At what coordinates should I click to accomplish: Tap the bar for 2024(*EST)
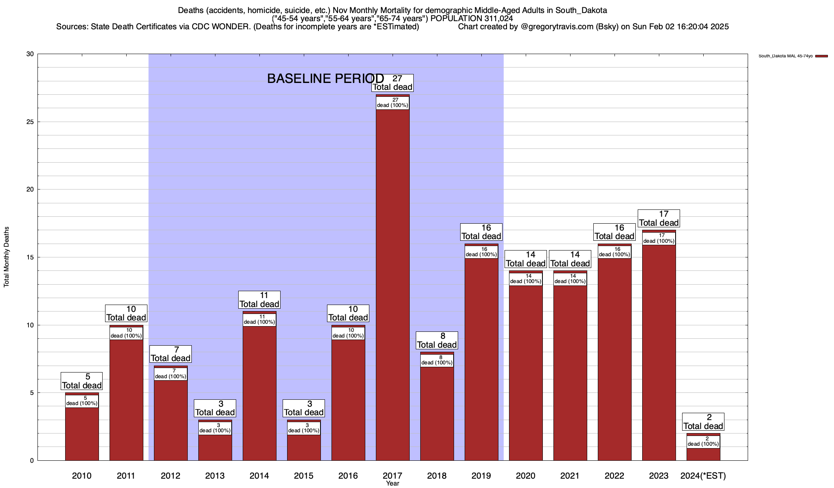pyautogui.click(x=703, y=454)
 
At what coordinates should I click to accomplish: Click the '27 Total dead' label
pyautogui.click(x=393, y=83)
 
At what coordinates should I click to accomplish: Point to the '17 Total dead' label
pyautogui.click(x=658, y=218)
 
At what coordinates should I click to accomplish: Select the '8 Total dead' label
pyautogui.click(x=437, y=340)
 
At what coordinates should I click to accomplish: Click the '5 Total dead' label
pyautogui.click(x=82, y=381)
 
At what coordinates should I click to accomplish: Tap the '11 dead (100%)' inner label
pyautogui.click(x=259, y=320)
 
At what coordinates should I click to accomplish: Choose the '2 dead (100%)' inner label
pyautogui.click(x=703, y=441)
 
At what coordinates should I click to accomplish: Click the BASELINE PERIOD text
pyautogui.click(x=325, y=78)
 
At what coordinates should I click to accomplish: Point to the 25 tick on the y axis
pyautogui.click(x=30, y=122)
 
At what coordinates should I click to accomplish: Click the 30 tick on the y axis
pyautogui.click(x=30, y=54)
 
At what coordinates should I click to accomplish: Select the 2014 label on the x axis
pyautogui.click(x=259, y=476)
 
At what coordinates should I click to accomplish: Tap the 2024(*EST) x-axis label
pyautogui.click(x=703, y=476)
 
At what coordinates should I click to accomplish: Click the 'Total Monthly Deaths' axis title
pyautogui.click(x=7, y=257)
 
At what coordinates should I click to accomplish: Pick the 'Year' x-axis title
pyautogui.click(x=393, y=484)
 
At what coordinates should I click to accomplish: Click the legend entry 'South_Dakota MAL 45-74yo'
pyautogui.click(x=786, y=56)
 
